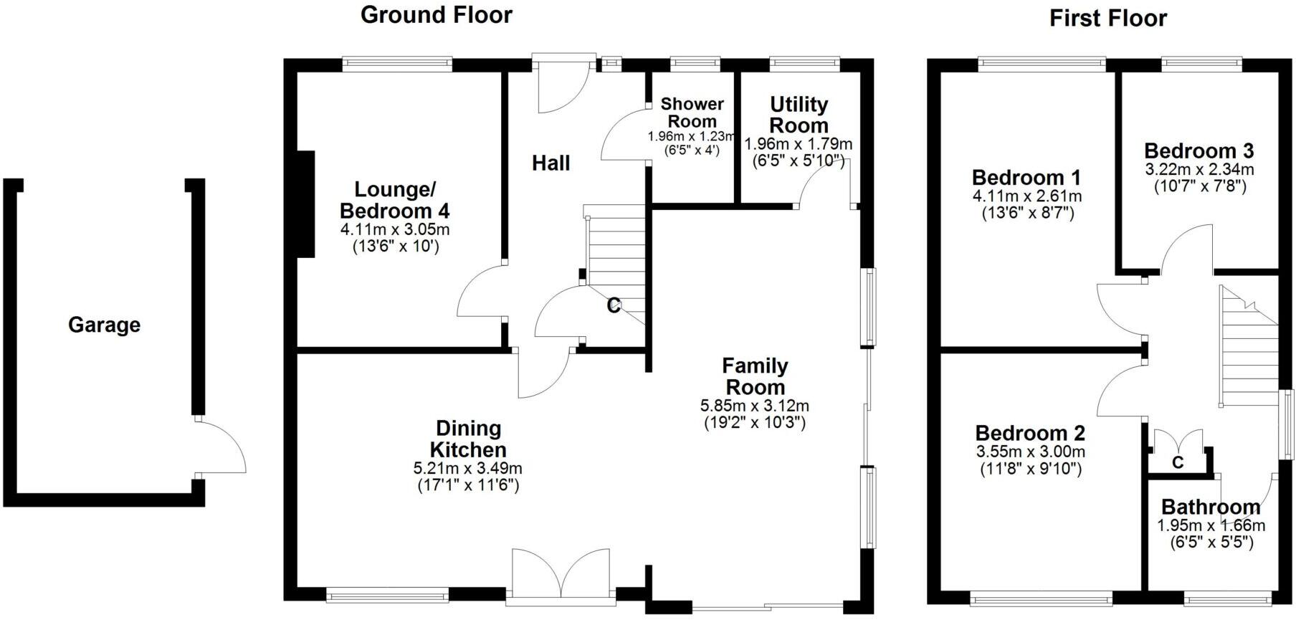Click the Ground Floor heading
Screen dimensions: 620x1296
pyautogui.click(x=436, y=14)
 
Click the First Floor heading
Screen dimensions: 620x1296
pyautogui.click(x=1107, y=18)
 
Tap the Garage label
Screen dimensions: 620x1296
pyautogui.click(x=104, y=325)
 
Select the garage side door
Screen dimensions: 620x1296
pyautogui.click(x=219, y=446)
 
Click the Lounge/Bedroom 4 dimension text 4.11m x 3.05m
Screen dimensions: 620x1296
pyautogui.click(x=394, y=230)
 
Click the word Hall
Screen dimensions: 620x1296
pyautogui.click(x=551, y=163)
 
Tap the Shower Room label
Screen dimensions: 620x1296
pyautogui.click(x=692, y=113)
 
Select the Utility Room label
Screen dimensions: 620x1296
pyautogui.click(x=799, y=115)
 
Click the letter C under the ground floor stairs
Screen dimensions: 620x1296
pyautogui.click(x=614, y=306)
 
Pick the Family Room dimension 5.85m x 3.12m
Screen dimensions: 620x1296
pyautogui.click(x=754, y=406)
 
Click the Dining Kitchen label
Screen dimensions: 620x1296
pyautogui.click(x=468, y=439)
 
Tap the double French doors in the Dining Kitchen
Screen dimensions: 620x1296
pyautogui.click(x=561, y=573)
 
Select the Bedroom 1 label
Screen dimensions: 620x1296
pyautogui.click(x=1026, y=177)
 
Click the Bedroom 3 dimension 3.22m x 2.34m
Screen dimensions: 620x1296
pyautogui.click(x=1199, y=170)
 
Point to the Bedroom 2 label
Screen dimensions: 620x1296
pyautogui.click(x=1029, y=433)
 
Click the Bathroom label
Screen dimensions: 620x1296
pyautogui.click(x=1210, y=507)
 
